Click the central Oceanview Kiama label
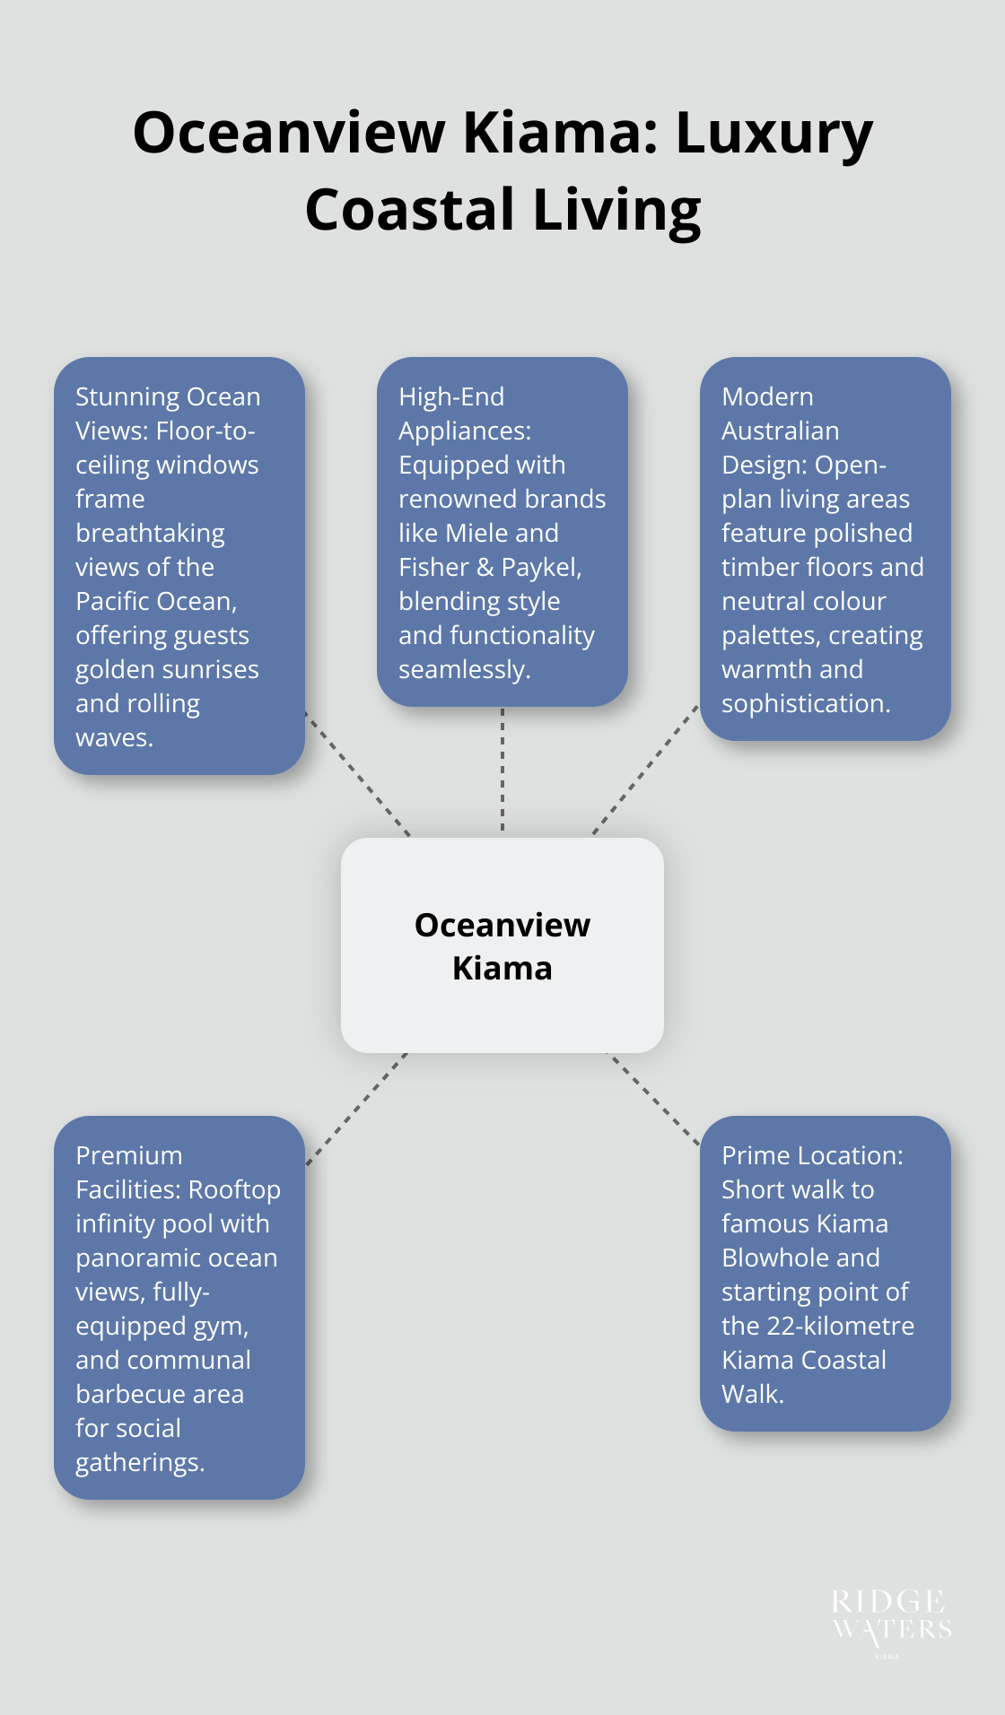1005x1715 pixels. point(502,946)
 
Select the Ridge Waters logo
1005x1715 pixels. point(891,1619)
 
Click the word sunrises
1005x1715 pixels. point(209,669)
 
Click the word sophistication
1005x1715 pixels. point(806,703)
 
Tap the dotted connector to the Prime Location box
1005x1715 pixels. point(653,1099)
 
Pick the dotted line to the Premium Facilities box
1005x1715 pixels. point(356,1109)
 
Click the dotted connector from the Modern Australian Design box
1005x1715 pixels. point(645,770)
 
